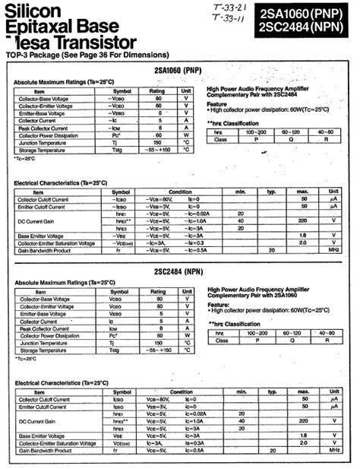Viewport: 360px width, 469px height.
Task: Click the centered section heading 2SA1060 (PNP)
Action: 178,69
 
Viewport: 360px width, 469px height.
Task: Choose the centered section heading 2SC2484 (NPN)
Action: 178,271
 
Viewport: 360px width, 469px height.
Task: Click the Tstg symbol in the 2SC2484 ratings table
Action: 115,350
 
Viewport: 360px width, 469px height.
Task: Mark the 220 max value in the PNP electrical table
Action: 302,220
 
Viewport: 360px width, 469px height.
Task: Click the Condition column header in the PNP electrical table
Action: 180,192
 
